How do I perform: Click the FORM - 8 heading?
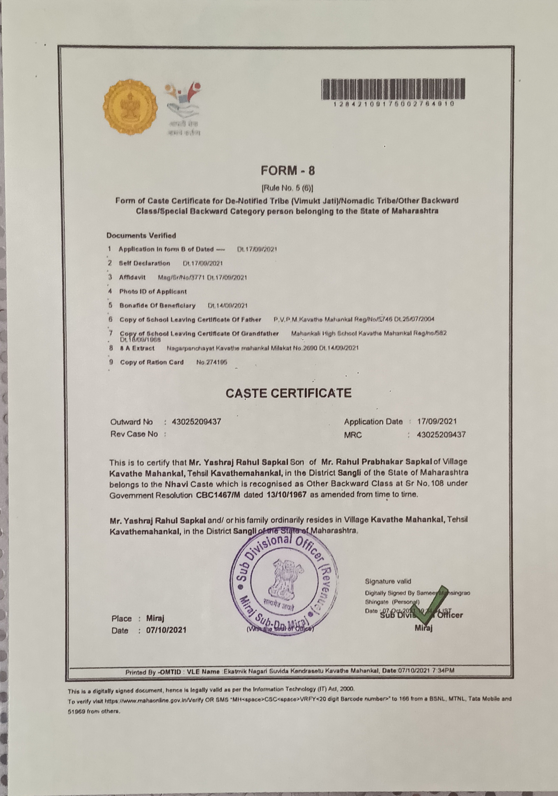click(288, 170)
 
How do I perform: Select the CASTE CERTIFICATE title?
click(288, 393)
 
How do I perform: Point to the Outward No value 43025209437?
click(196, 422)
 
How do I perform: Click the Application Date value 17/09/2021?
click(437, 422)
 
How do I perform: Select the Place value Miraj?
click(155, 619)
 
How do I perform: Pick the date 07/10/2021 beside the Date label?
click(166, 630)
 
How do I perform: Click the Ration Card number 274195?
click(211, 362)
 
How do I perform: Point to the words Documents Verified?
click(141, 236)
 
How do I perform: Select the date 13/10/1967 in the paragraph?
click(287, 495)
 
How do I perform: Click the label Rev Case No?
click(134, 434)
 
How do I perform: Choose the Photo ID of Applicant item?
click(153, 291)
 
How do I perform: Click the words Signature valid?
click(388, 581)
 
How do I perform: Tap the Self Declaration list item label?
click(145, 263)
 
